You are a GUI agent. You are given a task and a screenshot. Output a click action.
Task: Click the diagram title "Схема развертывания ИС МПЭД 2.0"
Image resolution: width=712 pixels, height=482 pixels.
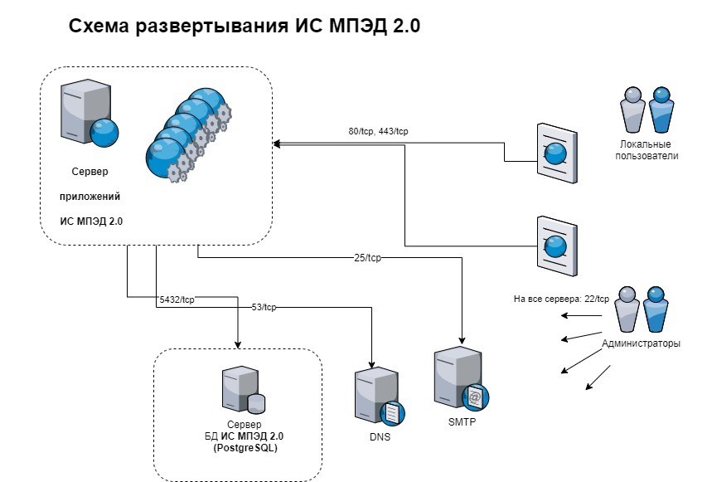pos(245,27)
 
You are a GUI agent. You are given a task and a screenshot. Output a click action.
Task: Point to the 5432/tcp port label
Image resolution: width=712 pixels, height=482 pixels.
pos(177,299)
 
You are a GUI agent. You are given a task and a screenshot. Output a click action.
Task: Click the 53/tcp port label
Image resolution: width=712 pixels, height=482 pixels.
pos(264,307)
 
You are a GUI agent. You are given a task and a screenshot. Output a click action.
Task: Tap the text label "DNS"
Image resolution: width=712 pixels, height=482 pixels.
pos(375,437)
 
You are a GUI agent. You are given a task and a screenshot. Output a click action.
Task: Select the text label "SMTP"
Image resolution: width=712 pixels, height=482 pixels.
pos(460,421)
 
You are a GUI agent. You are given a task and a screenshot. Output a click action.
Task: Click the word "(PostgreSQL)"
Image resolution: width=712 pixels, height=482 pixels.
pos(240,448)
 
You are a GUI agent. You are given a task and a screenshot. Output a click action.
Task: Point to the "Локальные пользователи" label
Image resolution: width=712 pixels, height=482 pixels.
pos(648,150)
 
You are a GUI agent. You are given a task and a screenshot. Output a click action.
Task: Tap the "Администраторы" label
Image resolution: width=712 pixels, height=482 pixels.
pos(642,343)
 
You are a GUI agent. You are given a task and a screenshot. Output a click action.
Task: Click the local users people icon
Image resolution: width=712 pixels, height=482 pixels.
pos(647,110)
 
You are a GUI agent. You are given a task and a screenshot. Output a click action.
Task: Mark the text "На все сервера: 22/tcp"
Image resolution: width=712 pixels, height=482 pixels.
pos(560,299)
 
